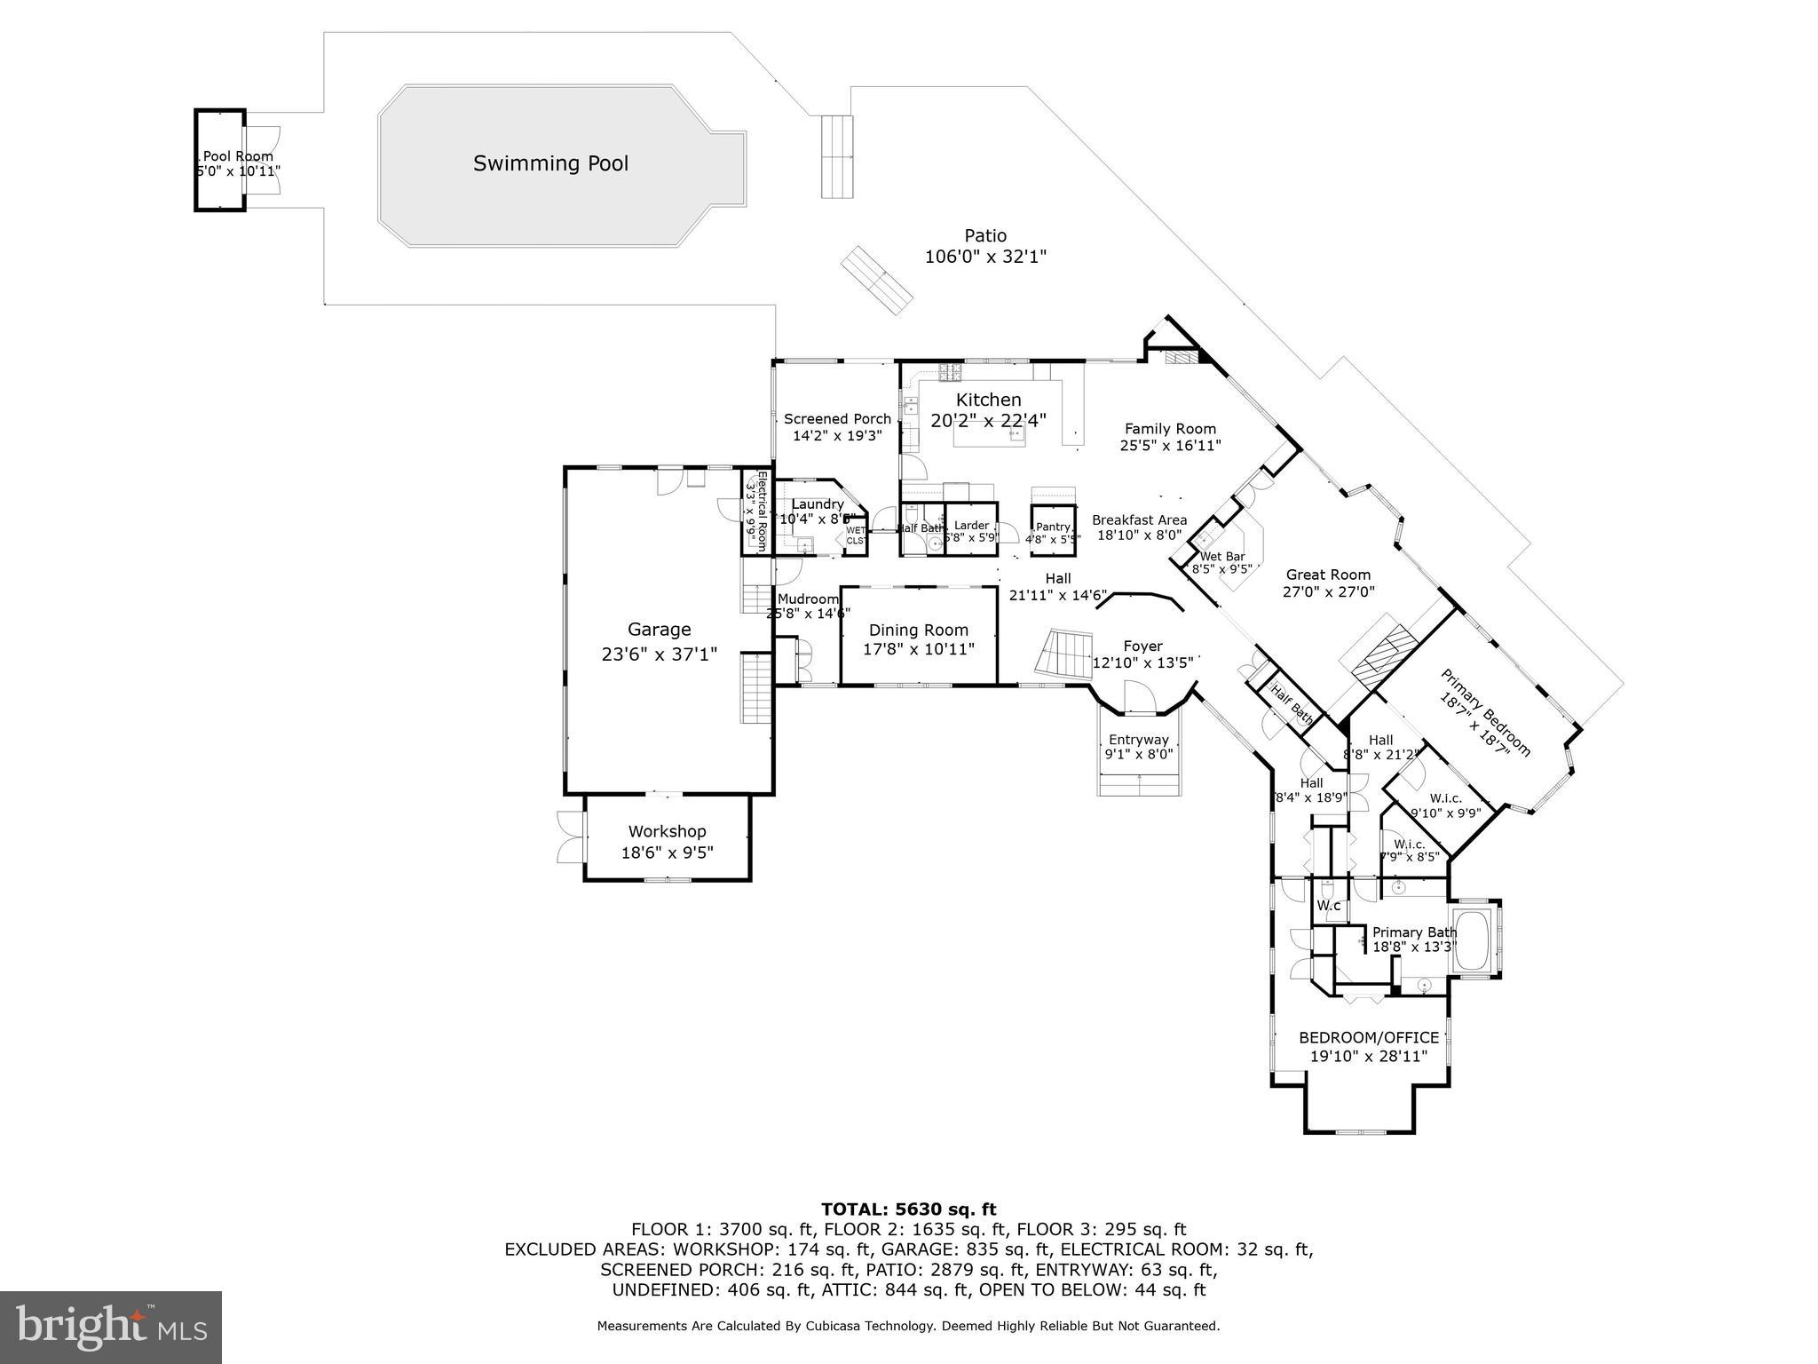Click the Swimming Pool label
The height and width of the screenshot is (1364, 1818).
point(550,163)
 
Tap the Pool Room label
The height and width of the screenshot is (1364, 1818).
point(238,156)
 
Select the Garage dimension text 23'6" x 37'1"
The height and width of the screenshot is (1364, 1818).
point(659,654)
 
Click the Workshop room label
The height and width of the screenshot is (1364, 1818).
point(667,831)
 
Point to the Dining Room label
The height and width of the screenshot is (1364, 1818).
point(918,630)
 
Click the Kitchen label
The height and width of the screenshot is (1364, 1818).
point(988,400)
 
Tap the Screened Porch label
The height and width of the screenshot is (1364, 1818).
point(837,419)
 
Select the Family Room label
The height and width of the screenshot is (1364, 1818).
point(1170,429)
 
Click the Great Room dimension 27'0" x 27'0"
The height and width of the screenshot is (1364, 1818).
point(1328,592)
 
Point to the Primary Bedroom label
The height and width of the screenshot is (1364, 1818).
point(1485,712)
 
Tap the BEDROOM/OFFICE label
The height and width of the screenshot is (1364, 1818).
point(1368,1037)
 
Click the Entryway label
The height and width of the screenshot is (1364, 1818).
point(1138,740)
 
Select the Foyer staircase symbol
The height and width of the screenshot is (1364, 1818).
point(1065,654)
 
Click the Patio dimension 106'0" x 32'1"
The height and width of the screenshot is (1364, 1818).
point(985,258)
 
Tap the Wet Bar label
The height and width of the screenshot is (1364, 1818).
point(1222,557)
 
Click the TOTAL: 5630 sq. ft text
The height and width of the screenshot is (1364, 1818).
point(908,1209)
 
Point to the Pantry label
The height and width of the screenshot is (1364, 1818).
point(1053,527)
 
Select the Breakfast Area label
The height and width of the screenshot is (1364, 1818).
point(1139,520)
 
